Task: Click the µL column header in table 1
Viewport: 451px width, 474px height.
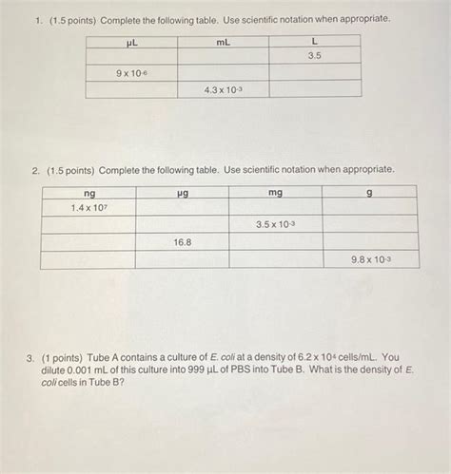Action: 131,42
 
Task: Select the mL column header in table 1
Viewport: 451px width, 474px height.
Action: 223,42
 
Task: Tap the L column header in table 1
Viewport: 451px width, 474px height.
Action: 314,42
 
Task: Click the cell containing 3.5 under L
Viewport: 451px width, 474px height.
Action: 314,56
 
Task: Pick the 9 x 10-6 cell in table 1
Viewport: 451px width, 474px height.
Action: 131,72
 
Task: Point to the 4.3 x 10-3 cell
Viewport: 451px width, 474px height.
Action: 223,89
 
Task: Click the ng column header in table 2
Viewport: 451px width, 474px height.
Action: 88,193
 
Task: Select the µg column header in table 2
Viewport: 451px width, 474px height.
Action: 182,193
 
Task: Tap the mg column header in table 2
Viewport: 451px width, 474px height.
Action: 275,193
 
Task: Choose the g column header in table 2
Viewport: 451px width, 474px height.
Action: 369,193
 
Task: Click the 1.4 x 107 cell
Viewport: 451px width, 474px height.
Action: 88,207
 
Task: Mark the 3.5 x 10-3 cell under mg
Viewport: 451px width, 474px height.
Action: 275,224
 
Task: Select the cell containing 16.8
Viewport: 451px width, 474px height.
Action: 182,242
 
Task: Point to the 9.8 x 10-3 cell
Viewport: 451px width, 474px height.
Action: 370,259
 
